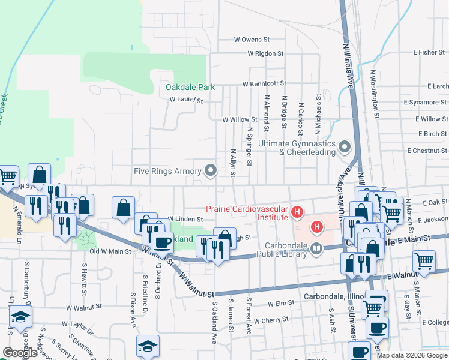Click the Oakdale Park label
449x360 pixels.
(x=190, y=87)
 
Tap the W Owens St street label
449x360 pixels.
(x=248, y=40)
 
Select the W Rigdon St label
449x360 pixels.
(x=265, y=53)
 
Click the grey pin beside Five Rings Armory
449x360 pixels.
(x=210, y=171)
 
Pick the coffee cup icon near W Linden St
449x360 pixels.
(x=161, y=242)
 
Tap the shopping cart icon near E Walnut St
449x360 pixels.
(x=424, y=262)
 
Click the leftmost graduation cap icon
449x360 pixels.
(x=20, y=316)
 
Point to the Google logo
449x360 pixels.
(x=20, y=353)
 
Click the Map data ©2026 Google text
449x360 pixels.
(x=412, y=355)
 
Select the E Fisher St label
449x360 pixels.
(x=432, y=53)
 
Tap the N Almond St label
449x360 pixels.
(x=265, y=113)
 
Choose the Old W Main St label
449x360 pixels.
(x=110, y=251)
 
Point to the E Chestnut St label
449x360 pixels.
(x=427, y=151)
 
